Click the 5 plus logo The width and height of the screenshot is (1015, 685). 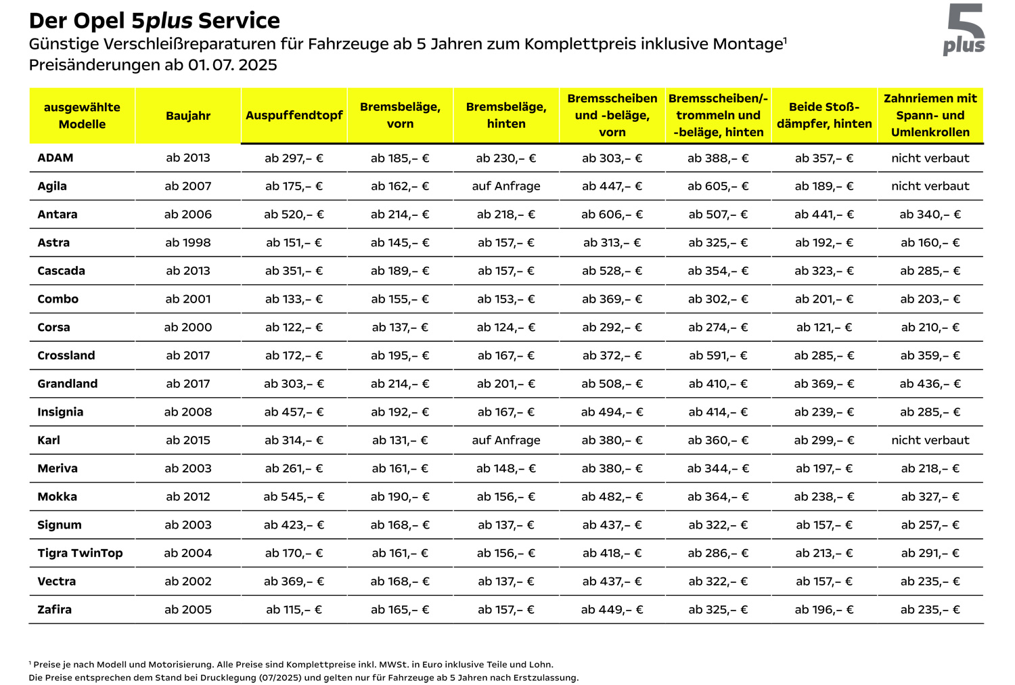click(965, 30)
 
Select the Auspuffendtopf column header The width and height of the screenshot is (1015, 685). click(294, 116)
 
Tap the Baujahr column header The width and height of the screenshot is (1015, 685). click(188, 116)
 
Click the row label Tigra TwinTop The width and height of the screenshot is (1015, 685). click(80, 553)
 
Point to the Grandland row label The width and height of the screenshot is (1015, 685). click(68, 384)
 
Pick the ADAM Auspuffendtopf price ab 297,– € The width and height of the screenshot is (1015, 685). click(294, 158)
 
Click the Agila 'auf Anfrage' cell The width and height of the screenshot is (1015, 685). click(506, 186)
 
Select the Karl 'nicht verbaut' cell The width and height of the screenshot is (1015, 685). click(930, 440)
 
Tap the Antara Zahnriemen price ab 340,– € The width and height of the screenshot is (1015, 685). click(930, 215)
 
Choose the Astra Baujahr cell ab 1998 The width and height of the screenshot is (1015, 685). click(188, 242)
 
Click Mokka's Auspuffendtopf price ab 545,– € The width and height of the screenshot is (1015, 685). click(294, 497)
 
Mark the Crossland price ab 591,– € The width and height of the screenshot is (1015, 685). click(718, 355)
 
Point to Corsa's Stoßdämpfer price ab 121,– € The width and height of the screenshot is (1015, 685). click(824, 328)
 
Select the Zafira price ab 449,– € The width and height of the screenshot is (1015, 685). click(612, 610)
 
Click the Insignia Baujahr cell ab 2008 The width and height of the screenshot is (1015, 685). click(188, 412)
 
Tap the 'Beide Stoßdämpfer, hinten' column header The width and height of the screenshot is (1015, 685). click(824, 116)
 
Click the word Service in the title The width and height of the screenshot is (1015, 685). click(239, 21)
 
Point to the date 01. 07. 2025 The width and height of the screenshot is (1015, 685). click(233, 65)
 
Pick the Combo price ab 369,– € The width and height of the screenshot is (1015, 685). click(612, 299)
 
